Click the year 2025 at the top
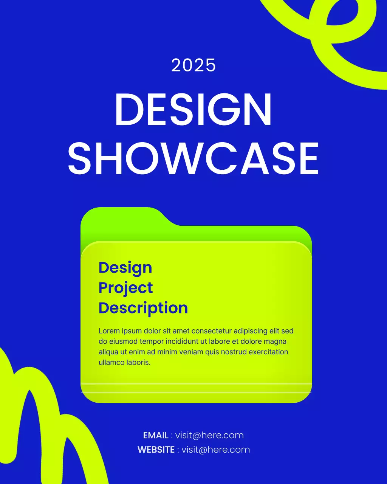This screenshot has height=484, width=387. point(193,65)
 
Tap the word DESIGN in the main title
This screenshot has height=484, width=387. point(193,110)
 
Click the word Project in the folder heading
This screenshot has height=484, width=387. point(125,288)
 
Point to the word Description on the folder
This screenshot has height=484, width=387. point(143,308)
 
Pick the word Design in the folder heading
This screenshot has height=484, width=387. point(125,268)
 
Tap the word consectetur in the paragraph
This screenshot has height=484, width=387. point(211,331)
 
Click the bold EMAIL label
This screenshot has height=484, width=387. point(156,435)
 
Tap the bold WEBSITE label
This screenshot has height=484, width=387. point(156,450)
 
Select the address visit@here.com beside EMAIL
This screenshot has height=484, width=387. point(209,435)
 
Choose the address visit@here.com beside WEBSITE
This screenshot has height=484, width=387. point(215,450)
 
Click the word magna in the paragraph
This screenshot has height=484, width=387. point(275,341)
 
